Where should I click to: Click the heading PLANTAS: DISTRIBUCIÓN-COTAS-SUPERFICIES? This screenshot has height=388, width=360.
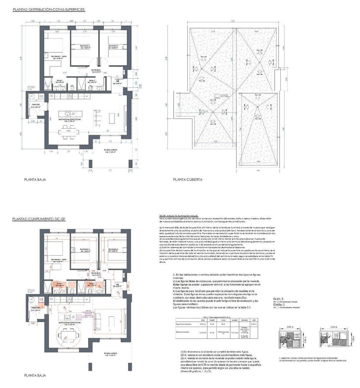coord(48,10)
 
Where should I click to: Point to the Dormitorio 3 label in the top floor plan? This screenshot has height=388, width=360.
coord(113,46)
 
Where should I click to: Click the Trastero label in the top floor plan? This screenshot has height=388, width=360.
coord(35,106)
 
